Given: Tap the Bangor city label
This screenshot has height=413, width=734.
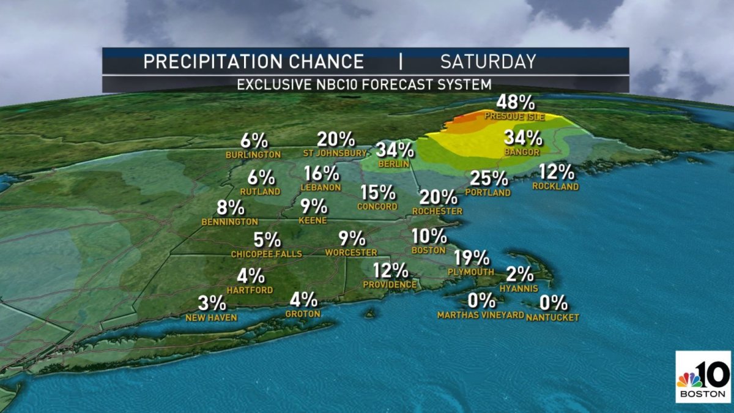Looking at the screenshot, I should click(522, 152).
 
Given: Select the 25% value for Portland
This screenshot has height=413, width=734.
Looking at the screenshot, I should click(489, 179).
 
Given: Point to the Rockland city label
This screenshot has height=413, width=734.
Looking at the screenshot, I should click(555, 187).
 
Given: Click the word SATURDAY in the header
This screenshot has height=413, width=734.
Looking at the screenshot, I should click(488, 62).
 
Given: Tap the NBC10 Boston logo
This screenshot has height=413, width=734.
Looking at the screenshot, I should click(703, 377).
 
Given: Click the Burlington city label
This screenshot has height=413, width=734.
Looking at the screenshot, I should click(253, 155).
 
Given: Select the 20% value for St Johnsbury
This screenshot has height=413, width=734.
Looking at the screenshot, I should click(336, 140).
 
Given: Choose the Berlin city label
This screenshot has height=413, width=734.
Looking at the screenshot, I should click(389, 163).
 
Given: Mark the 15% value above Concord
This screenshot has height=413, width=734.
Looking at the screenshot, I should click(378, 193).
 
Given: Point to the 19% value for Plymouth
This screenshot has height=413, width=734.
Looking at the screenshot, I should click(471, 258).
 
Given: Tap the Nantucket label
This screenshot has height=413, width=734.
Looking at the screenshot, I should click(552, 317).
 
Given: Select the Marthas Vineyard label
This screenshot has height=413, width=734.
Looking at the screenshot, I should click(481, 315).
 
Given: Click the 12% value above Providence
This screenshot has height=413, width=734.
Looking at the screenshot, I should click(390, 270).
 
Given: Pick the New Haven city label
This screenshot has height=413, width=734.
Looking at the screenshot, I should click(211, 318).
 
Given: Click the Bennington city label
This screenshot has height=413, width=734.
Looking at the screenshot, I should click(230, 221).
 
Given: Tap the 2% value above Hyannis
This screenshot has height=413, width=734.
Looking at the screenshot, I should click(518, 274).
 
